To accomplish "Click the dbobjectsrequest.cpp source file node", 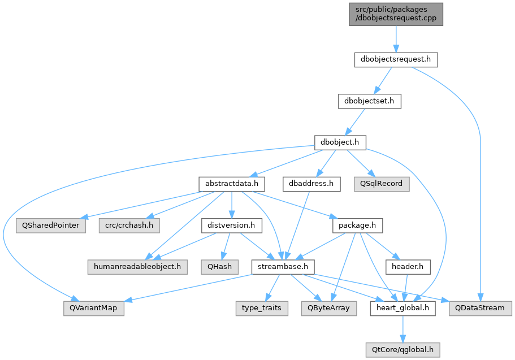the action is pyautogui.click(x=396, y=14).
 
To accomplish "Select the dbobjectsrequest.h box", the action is pyautogui.click(x=396, y=59).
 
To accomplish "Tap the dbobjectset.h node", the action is pyautogui.click(x=370, y=101).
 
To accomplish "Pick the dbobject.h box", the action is pyautogui.click(x=340, y=142).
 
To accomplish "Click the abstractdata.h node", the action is pyautogui.click(x=232, y=184).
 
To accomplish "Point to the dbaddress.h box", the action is pyautogui.click(x=311, y=184).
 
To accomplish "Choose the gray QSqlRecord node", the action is pyautogui.click(x=382, y=184).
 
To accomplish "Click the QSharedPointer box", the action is pyautogui.click(x=51, y=225).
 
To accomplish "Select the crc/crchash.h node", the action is pyautogui.click(x=129, y=225).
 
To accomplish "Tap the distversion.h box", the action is pyautogui.click(x=232, y=225).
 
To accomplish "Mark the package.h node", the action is pyautogui.click(x=357, y=225).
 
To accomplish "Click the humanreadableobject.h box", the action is pyautogui.click(x=137, y=267).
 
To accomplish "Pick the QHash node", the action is pyautogui.click(x=220, y=267).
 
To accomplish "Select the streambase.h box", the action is pyautogui.click(x=283, y=267).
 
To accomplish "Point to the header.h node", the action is pyautogui.click(x=408, y=267).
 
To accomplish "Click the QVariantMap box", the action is pyautogui.click(x=94, y=309).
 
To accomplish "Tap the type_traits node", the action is pyautogui.click(x=262, y=309).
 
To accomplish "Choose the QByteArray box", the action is pyautogui.click(x=329, y=309).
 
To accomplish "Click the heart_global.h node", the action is pyautogui.click(x=403, y=309).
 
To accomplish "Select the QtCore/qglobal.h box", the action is pyautogui.click(x=403, y=350).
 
